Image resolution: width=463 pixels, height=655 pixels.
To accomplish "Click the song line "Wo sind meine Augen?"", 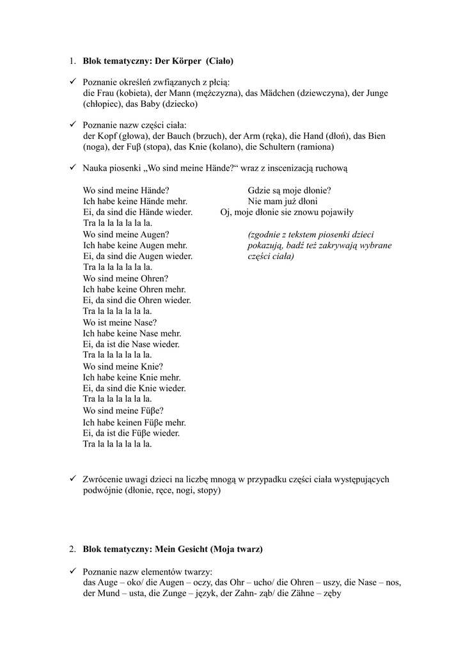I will point(126,235).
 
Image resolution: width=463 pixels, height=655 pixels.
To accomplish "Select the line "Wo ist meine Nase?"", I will point(120,323).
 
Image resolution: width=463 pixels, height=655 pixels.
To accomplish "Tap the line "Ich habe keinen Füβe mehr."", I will point(134,422).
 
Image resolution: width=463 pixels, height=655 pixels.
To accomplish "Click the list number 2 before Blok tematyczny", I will point(72,549).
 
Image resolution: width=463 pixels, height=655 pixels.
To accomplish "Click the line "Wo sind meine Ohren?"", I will point(125,279).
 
